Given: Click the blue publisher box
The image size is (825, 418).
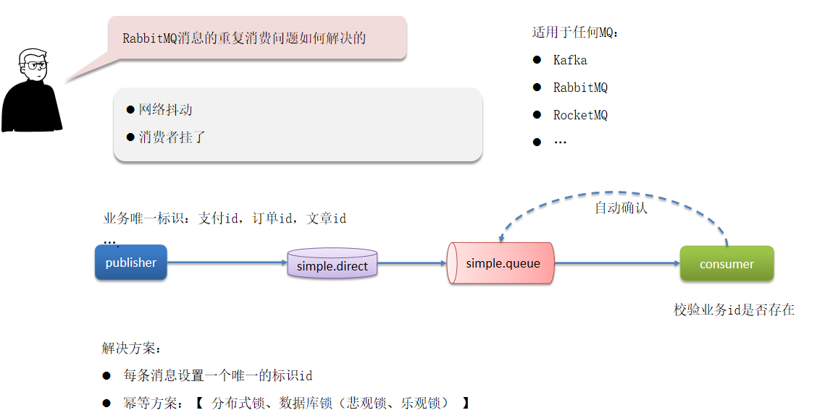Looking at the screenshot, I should [x=131, y=263].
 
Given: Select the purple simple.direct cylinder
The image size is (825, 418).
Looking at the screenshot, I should [x=332, y=265].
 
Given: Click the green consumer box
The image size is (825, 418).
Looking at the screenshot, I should [x=726, y=264].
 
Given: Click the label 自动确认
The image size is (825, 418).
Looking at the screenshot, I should [x=621, y=208].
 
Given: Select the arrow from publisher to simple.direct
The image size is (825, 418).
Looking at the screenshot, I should [x=227, y=263].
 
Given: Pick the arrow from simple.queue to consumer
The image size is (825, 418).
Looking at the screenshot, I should [x=616, y=263].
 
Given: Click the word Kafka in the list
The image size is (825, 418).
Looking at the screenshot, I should [x=570, y=60].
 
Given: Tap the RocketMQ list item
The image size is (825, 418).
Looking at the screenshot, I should [x=580, y=115].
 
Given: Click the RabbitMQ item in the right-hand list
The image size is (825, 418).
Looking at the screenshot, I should [x=580, y=88].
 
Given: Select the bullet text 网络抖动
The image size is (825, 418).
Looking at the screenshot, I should [x=166, y=110].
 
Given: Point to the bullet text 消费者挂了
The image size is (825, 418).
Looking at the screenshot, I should [x=172, y=137].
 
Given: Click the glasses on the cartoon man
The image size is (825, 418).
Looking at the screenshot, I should [x=34, y=66].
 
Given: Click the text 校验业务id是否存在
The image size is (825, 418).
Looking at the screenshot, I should [x=734, y=310].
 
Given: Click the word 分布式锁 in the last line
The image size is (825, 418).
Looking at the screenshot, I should [x=236, y=404].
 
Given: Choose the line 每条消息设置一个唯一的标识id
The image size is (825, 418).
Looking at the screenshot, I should [x=218, y=376].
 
